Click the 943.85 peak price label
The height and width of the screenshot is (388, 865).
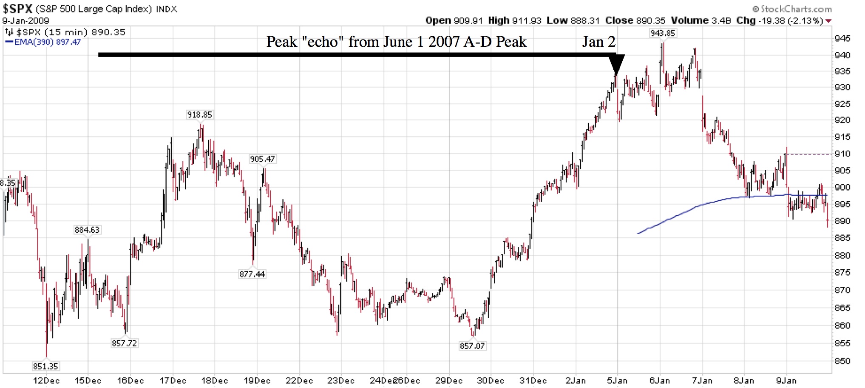662,33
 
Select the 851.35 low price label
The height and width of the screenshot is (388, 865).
45,366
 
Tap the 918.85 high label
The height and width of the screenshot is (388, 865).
199,115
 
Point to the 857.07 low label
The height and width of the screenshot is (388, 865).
472,346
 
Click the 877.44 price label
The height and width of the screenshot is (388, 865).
252,274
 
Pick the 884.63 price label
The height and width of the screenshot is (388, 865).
87,230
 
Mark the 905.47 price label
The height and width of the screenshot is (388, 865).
262,159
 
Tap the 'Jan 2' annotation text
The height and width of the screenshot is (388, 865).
598,42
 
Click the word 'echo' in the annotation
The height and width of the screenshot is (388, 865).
323,42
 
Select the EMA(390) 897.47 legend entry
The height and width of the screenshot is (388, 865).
43,42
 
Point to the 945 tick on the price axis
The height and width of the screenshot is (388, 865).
842,39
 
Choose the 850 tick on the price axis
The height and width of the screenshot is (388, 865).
842,361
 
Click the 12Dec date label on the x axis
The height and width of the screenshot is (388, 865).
46,381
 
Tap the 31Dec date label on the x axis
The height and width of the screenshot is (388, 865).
533,381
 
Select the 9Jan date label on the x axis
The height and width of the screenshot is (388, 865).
786,381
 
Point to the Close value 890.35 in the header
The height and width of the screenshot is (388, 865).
650,20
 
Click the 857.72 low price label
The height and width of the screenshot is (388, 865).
124,343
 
